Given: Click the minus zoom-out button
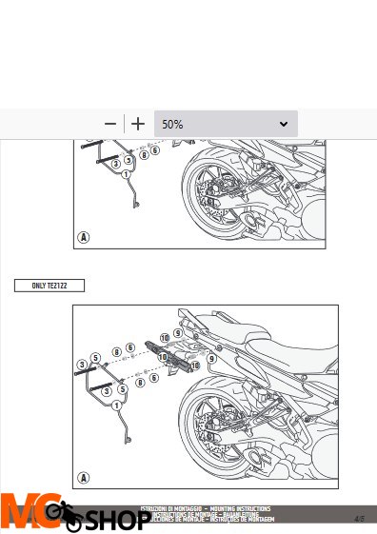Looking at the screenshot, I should tap(111, 124).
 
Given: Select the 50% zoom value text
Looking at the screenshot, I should tap(173, 125).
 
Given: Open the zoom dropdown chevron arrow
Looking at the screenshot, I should tap(284, 125).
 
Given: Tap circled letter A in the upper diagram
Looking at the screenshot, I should tap(85, 236).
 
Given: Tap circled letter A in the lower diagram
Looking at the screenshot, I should tap(85, 479).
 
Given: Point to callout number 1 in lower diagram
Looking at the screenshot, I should tap(115, 406).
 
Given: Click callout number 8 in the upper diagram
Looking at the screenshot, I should tap(144, 152).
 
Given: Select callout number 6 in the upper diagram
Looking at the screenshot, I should tap(155, 149).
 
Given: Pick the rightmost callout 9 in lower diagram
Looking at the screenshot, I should tap(211, 359).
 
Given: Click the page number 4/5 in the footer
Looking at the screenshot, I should tap(360, 520).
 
